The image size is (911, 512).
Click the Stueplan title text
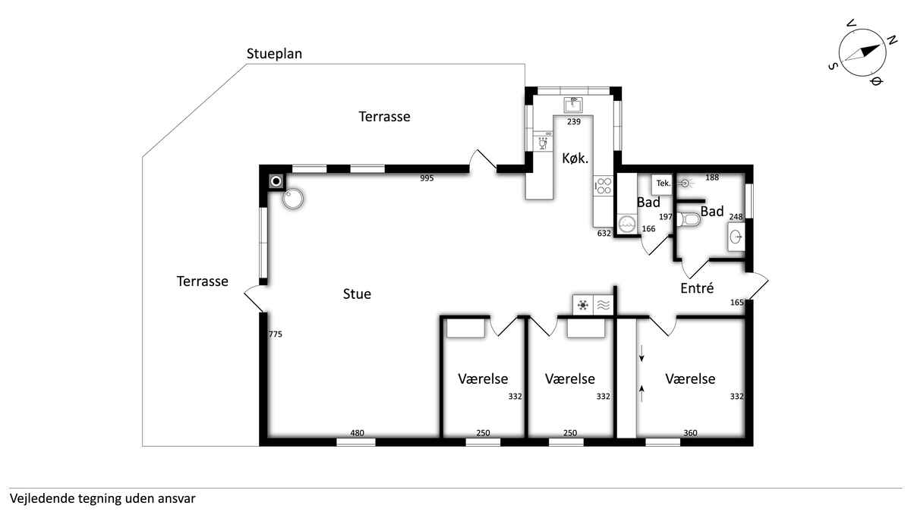tap(274, 54)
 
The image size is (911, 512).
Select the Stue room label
tap(357, 294)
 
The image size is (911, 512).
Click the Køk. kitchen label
tap(575, 158)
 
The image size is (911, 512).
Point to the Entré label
tap(697, 288)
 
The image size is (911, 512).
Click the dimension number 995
tap(427, 178)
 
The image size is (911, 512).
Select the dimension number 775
tap(276, 334)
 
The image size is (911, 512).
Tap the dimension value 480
tap(357, 433)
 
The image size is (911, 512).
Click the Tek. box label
tap(664, 184)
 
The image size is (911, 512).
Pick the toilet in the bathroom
tap(688, 220)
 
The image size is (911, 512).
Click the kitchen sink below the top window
tap(573, 105)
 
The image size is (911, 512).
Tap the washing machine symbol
tap(627, 224)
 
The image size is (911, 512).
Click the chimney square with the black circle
tap(276, 181)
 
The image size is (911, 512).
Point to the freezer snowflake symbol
tap(583, 305)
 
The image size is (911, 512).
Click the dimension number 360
tap(690, 433)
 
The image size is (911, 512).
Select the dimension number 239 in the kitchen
tap(574, 121)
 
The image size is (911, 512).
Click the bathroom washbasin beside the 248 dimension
tap(736, 237)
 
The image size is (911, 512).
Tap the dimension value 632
tap(604, 234)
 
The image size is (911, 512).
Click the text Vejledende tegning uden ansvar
tap(102, 498)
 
